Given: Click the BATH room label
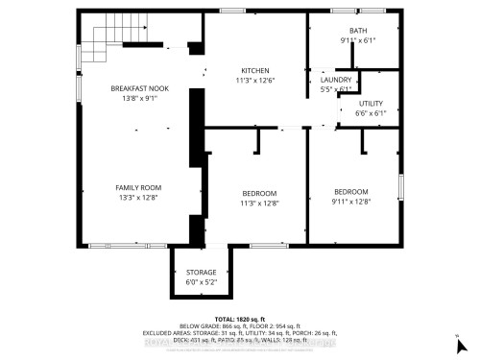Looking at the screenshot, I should coord(357,32).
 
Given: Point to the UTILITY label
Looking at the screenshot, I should coord(372,104).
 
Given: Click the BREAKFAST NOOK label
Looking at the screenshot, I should coord(139,87).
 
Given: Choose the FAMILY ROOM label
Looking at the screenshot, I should coord(139,188).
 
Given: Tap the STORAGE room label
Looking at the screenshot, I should coord(201,273).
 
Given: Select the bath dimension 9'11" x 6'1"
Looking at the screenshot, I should coord(357,40).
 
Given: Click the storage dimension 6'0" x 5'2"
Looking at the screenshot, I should coord(201,282).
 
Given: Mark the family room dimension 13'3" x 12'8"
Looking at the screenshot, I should coord(139,198).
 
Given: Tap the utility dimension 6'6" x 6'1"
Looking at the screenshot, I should coord(372,113).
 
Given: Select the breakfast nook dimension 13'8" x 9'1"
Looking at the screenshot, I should coord(139,97).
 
